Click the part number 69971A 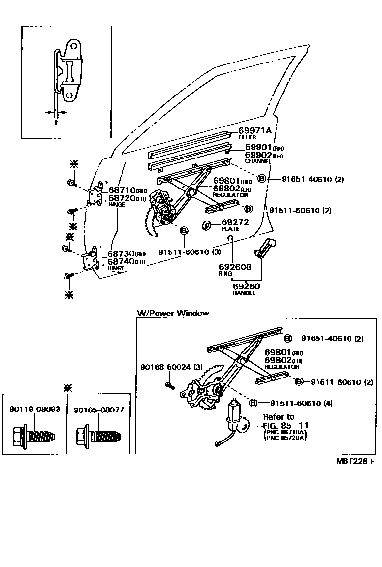pos(255,130)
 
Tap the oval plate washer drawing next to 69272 pos(207,225)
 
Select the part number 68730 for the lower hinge pos(121,253)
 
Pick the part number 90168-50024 pos(164,367)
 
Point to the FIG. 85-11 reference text pos(286,425)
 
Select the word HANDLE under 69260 pos(244,293)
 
